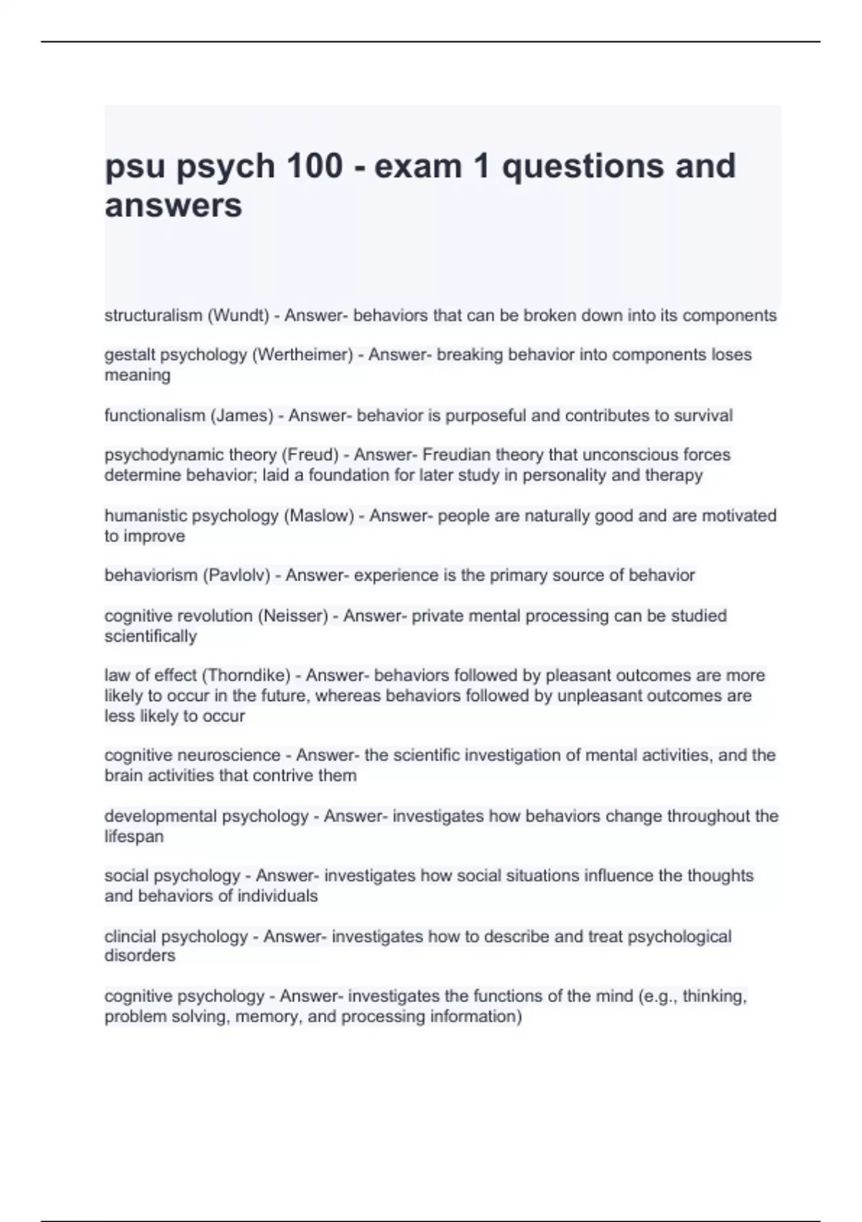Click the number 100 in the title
(x=314, y=166)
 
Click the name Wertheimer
(x=302, y=355)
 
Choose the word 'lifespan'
(x=134, y=837)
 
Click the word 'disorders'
(x=140, y=956)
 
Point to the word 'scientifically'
(x=151, y=637)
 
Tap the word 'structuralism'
(x=154, y=316)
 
